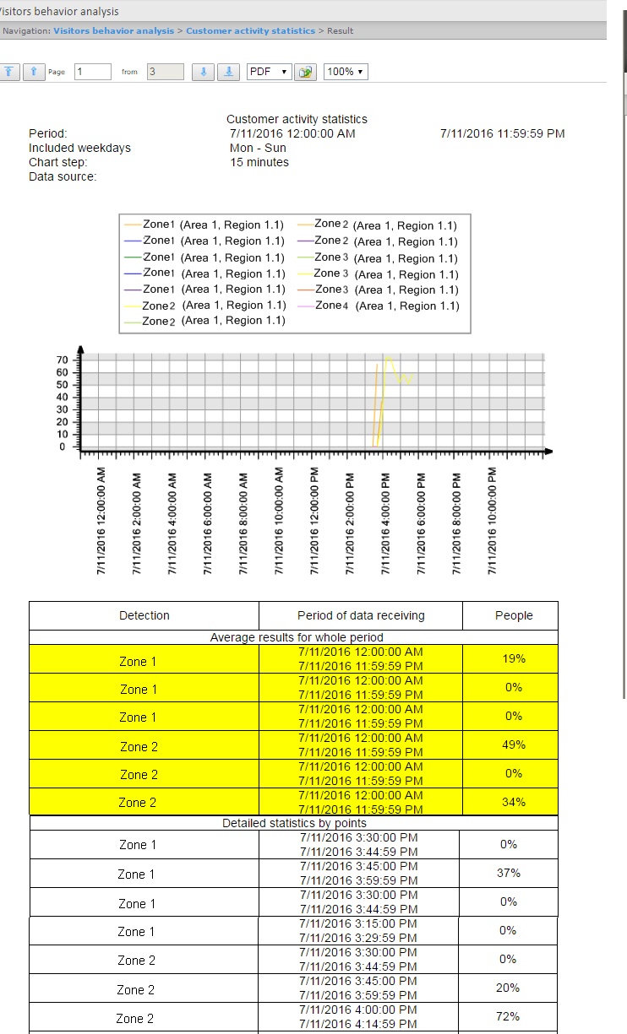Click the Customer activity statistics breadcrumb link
(x=250, y=31)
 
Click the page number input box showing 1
(x=93, y=72)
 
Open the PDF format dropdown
(x=269, y=72)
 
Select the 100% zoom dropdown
(x=346, y=72)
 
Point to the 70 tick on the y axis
(x=62, y=360)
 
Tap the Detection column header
(x=144, y=615)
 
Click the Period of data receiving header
(x=361, y=615)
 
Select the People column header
(x=514, y=615)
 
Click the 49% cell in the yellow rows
(x=514, y=744)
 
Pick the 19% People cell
(x=514, y=658)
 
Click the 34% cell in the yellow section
(x=514, y=802)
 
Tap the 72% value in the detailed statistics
(x=508, y=1016)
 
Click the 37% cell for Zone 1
(x=508, y=873)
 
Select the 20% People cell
(x=508, y=988)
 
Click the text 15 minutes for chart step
(x=259, y=162)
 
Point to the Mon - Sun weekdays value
(x=258, y=148)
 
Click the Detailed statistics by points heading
(x=294, y=823)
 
